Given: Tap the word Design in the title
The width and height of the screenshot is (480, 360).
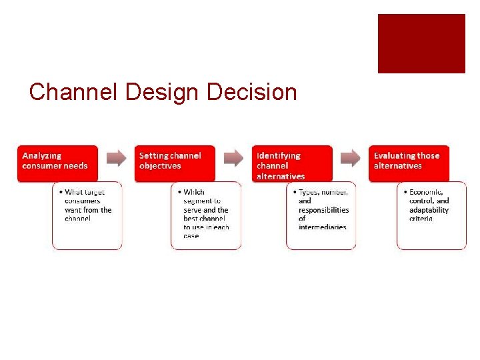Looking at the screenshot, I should (x=163, y=92).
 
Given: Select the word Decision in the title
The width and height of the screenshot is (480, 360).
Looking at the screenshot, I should (x=252, y=92).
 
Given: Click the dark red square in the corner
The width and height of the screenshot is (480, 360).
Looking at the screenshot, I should (x=421, y=43).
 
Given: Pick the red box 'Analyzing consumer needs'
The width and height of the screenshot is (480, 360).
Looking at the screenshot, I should (x=57, y=162).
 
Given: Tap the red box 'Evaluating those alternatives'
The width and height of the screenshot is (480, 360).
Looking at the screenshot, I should (x=409, y=162).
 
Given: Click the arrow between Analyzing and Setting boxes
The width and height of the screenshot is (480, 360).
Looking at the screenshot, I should (x=116, y=158).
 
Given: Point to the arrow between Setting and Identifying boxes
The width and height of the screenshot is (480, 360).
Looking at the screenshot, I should (x=233, y=158).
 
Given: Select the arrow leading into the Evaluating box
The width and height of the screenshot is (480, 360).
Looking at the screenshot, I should (x=351, y=158).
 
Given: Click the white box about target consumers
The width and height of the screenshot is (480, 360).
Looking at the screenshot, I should (x=87, y=215).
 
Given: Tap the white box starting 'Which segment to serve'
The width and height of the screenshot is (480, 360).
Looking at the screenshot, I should (x=206, y=215).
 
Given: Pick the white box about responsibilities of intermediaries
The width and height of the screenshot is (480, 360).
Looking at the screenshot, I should (x=321, y=215).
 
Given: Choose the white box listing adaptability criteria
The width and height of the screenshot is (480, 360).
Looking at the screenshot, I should (x=431, y=215).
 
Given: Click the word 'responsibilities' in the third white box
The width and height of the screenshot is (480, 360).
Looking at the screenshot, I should (x=323, y=210).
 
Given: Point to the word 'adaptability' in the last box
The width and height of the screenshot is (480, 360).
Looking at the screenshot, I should (x=429, y=210).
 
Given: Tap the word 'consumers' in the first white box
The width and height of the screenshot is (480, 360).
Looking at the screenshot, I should (x=83, y=201).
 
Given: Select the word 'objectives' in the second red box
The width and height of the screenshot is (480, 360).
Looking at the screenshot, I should (x=161, y=166).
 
